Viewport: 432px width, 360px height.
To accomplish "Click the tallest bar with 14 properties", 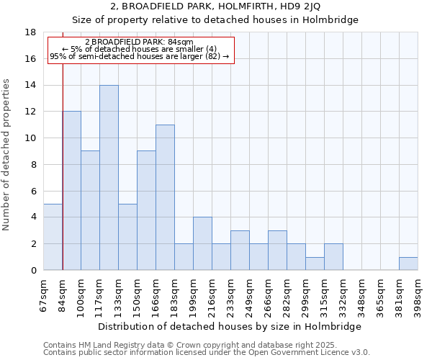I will [109, 178].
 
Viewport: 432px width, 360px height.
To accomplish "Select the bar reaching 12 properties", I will [71, 191].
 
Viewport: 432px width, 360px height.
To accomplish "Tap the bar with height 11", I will [165, 197].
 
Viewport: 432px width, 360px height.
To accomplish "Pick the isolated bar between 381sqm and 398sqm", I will [408, 264].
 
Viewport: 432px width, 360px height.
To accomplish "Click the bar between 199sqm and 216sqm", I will [202, 243].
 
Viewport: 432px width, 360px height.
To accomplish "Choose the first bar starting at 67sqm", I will [53, 237].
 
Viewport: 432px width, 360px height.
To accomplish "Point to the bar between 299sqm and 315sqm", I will [315, 264].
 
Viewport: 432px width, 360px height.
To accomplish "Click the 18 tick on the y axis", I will [30, 32].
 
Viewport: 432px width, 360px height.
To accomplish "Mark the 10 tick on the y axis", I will [30, 138].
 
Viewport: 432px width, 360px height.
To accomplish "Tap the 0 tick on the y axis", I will [33, 271].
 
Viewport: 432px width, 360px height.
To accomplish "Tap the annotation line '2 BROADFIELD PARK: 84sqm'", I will [139, 42].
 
